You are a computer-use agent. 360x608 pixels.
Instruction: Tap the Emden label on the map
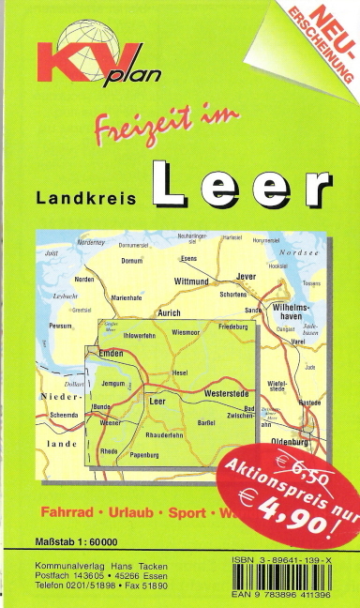click(112, 353)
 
